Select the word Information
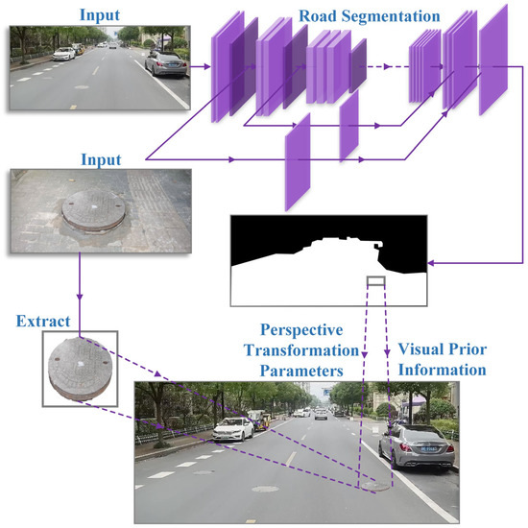[x=441, y=369]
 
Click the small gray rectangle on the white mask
[x=375, y=281]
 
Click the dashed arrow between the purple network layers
[x=389, y=66]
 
